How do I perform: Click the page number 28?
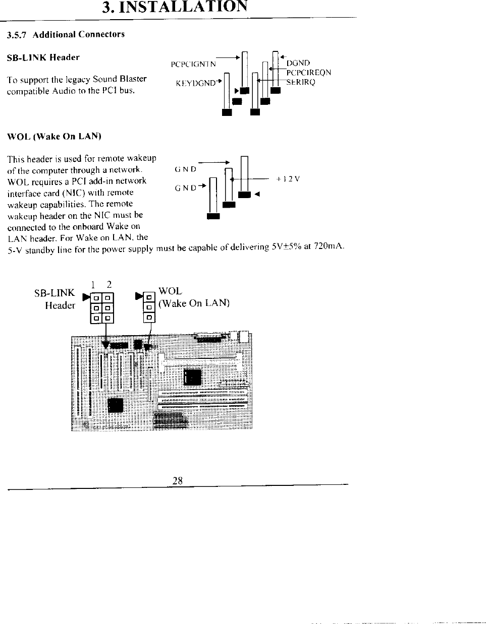[177, 480]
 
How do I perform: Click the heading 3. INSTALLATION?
[175, 8]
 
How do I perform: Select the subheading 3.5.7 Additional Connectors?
[65, 34]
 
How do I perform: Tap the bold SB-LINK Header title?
[43, 57]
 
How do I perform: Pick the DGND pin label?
[298, 63]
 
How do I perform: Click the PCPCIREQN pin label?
[308, 73]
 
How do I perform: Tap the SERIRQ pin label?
[301, 82]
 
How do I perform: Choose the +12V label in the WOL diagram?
[288, 178]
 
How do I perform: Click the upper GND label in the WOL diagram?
[185, 169]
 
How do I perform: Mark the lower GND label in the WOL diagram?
[185, 188]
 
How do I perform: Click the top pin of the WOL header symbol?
[149, 296]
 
